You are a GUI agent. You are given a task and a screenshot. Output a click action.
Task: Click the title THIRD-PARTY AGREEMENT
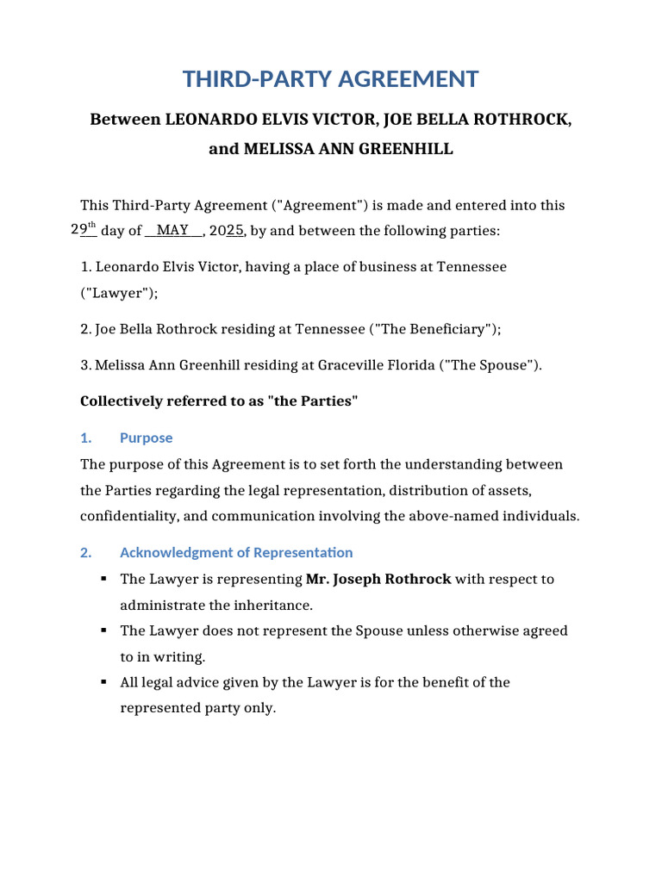coord(330,79)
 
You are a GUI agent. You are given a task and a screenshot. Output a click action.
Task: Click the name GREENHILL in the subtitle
coord(403,149)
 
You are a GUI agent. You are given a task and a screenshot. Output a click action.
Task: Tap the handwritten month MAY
coord(172,230)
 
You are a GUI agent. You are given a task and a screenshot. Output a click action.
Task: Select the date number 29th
coord(83,230)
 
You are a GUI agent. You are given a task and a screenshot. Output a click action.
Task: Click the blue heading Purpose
coord(146,438)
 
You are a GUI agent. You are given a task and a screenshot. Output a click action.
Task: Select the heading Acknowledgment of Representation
coord(236,552)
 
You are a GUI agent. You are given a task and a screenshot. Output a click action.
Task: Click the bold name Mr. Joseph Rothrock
coord(378,579)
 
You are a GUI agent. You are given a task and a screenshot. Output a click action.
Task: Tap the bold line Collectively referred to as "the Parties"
coord(218,402)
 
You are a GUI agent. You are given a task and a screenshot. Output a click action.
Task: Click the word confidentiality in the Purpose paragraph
coord(129,517)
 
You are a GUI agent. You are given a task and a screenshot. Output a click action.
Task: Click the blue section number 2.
coord(85,552)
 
